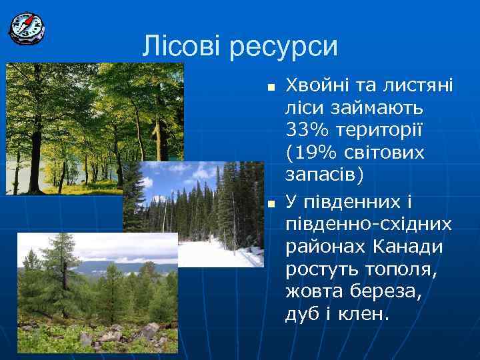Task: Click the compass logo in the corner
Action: tap(26, 27)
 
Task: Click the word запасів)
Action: tap(325, 175)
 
